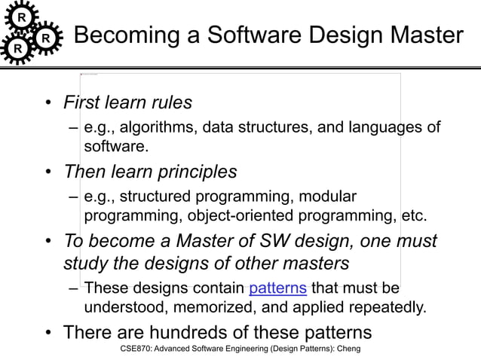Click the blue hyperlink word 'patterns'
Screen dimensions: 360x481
[277, 288]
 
